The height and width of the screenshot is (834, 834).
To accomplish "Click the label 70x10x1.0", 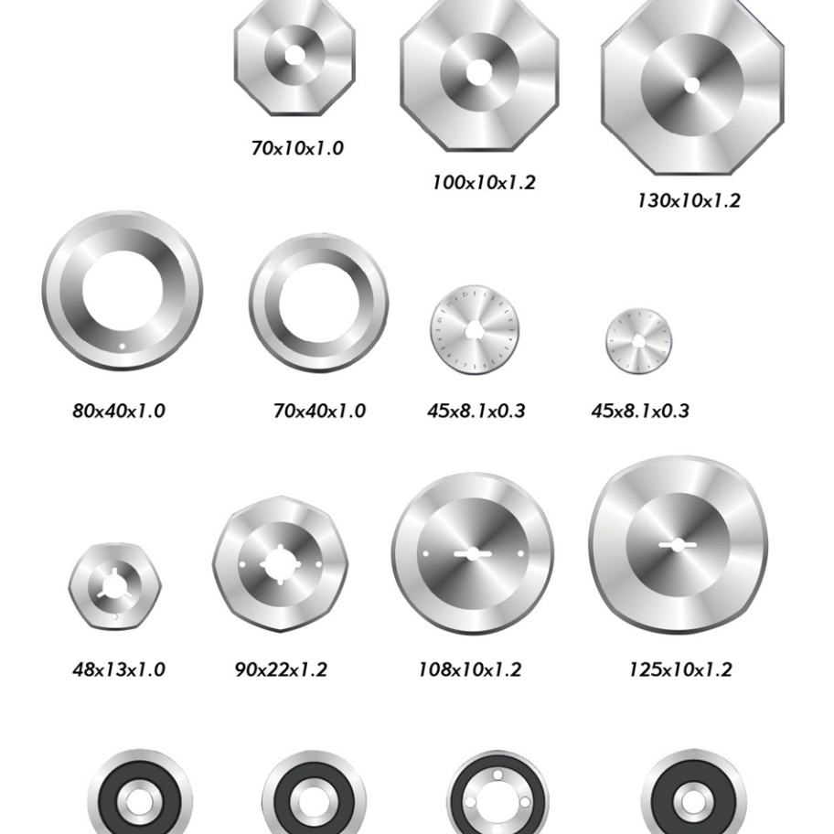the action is tap(297, 148).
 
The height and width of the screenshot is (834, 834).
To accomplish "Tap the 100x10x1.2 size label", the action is tap(484, 183).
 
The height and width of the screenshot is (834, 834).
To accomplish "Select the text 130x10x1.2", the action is tap(689, 200).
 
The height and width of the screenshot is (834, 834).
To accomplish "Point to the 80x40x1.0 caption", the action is tap(119, 411).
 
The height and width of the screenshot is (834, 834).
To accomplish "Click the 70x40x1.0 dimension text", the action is tap(319, 411).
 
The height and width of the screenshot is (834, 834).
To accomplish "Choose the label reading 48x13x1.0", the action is tap(119, 669).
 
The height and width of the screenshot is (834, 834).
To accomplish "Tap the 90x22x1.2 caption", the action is tap(281, 669).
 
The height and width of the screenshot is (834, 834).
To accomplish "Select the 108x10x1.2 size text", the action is tap(470, 669).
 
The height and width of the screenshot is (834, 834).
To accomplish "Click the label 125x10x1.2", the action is tap(680, 669).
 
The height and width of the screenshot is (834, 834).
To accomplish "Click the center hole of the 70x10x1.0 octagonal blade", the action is tap(294, 55).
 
